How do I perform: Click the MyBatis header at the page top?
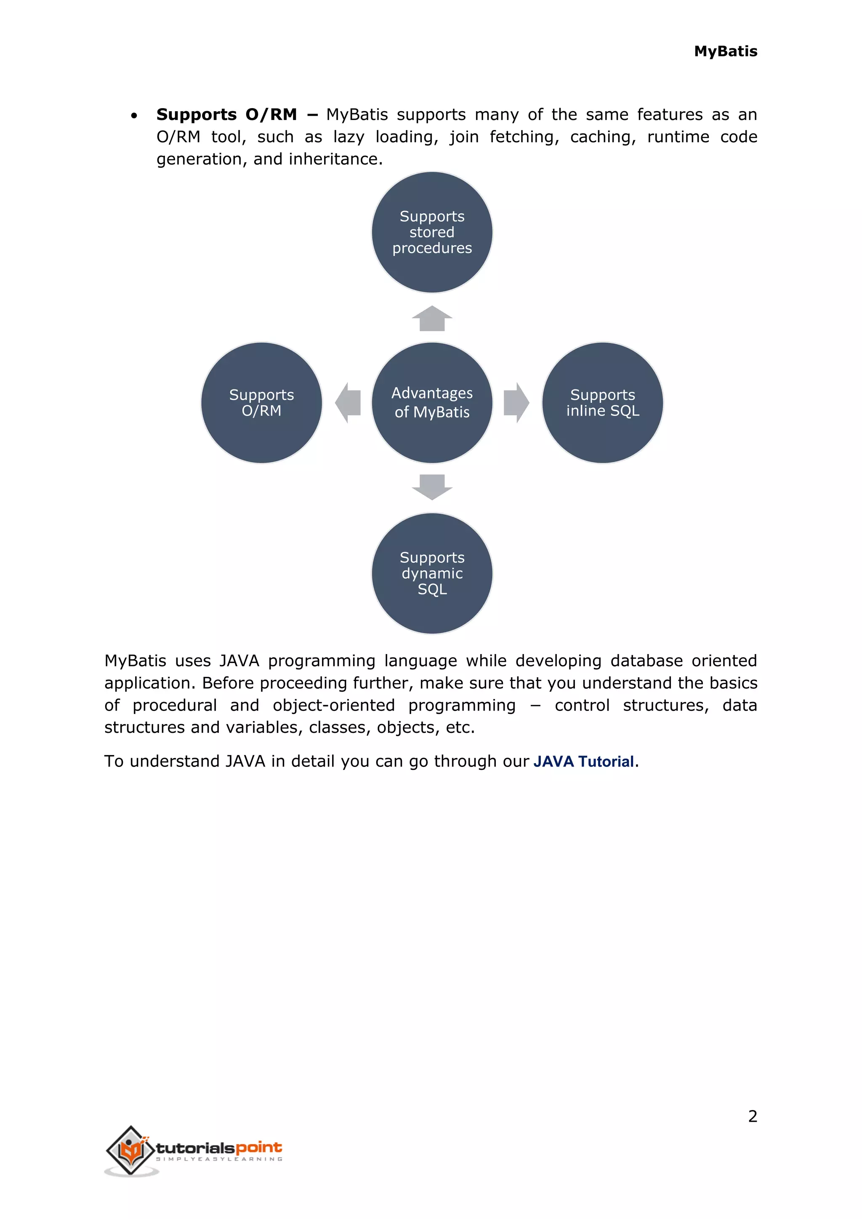tap(725, 51)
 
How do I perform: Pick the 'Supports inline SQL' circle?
tap(602, 402)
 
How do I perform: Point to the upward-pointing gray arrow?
tap(432, 319)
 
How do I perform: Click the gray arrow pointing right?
tap(516, 402)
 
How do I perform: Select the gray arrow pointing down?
tap(432, 487)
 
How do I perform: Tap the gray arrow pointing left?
tap(348, 402)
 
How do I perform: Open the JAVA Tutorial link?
tap(583, 761)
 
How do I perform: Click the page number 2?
tap(752, 1116)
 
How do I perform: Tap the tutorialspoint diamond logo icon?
tap(130, 1150)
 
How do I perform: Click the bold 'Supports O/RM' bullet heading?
tap(226, 114)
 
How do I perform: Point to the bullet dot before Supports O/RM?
tap(134, 116)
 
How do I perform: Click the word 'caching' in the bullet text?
tap(602, 137)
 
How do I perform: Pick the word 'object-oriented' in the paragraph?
tap(333, 705)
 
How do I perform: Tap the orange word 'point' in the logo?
tap(258, 1147)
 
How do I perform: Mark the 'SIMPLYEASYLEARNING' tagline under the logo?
tap(219, 1159)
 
